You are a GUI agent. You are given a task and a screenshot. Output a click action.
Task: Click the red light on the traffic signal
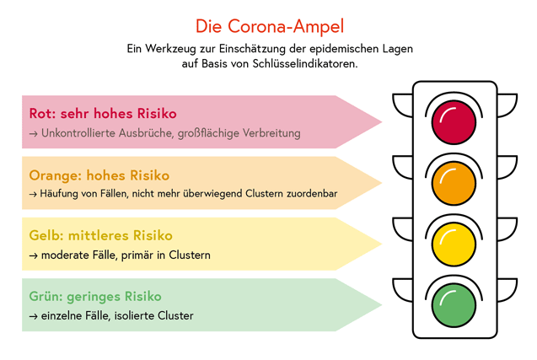[x=454, y=122]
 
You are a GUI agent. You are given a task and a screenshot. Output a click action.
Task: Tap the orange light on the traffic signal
[x=454, y=183]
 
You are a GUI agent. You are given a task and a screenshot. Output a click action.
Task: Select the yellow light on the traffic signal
[x=454, y=244]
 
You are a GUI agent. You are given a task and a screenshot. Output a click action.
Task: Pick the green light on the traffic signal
[x=454, y=305]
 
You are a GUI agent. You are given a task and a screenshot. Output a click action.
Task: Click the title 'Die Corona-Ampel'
[x=270, y=26]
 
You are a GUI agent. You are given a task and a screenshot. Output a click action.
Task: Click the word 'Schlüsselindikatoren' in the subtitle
[x=305, y=64]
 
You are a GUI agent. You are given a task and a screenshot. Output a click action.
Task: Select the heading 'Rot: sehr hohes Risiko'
[x=103, y=113]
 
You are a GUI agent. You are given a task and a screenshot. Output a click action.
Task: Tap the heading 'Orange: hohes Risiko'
[x=99, y=175]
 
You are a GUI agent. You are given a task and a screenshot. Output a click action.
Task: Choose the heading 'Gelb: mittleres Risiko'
[x=100, y=236]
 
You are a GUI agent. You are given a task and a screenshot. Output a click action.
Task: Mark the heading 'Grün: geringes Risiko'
[x=95, y=297]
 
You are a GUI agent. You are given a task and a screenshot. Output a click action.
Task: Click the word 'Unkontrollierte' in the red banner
[x=78, y=133]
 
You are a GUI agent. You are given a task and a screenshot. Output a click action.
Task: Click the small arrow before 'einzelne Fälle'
[x=33, y=316]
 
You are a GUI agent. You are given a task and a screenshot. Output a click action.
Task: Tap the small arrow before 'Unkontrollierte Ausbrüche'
[x=33, y=133]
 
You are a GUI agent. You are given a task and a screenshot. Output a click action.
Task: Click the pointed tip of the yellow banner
[x=382, y=244]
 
